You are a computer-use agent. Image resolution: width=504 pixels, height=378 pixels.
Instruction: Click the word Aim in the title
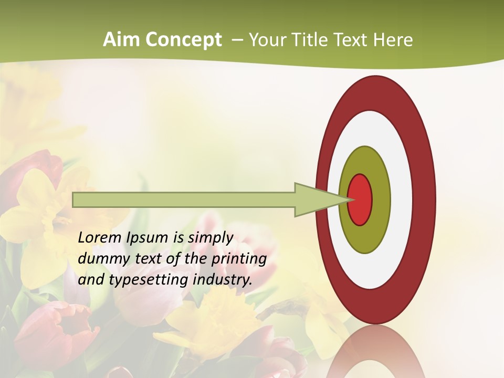pos(121,39)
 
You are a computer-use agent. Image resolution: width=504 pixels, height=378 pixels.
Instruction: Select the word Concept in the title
pos(182,39)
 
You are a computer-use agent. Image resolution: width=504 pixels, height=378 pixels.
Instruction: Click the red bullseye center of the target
pos(360,199)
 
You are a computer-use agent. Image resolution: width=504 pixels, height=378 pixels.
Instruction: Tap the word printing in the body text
pos(239,259)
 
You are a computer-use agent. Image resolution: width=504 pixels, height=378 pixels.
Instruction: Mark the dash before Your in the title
pos(237,40)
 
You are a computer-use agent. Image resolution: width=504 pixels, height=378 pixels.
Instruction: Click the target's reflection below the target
pos(376,352)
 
